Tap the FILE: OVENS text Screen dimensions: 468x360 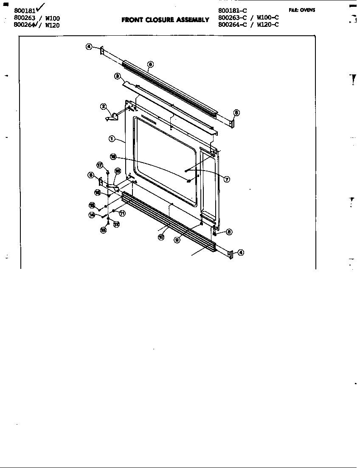(x=302, y=10)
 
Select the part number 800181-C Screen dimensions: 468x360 (x=233, y=10)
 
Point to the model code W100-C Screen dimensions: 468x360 (x=267, y=18)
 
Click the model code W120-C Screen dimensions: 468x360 (x=267, y=25)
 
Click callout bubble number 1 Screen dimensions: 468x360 (x=112, y=138)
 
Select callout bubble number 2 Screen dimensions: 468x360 (x=103, y=106)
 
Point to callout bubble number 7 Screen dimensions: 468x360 (x=227, y=179)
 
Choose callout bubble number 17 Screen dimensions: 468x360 (x=99, y=165)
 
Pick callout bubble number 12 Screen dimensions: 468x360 (x=116, y=224)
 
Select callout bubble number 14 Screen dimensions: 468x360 (x=92, y=215)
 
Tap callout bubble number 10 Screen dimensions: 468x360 (x=161, y=237)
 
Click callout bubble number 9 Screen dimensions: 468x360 (x=177, y=240)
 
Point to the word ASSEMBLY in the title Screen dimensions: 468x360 (x=193, y=20)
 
